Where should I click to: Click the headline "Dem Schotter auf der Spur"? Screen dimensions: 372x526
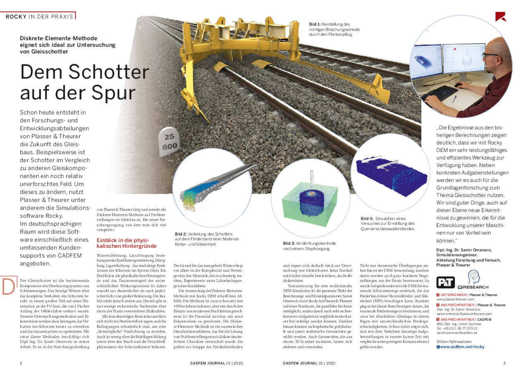coord(85,83)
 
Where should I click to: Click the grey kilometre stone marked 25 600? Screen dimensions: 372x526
coord(169,143)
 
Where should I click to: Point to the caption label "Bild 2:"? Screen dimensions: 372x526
coord(182,234)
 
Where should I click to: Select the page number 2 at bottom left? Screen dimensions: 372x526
coord(21,363)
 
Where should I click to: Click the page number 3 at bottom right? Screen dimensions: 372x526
coord(505,363)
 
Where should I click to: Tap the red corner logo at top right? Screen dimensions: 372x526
coord(501,17)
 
